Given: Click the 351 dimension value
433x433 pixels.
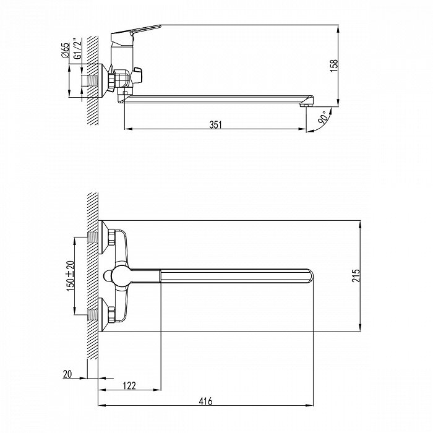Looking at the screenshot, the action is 215,125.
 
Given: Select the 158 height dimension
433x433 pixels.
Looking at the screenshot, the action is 334,66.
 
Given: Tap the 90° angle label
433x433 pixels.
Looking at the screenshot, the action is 322,117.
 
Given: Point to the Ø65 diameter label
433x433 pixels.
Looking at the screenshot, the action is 66,50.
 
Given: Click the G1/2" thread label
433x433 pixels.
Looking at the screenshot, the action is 78,49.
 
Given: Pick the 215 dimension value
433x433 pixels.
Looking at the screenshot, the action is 356,275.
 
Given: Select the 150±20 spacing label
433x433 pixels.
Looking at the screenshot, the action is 71,276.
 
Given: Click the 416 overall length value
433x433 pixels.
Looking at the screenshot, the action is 206,401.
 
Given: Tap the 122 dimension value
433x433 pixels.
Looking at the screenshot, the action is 129,385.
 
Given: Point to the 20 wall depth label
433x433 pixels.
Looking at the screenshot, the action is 67,374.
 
